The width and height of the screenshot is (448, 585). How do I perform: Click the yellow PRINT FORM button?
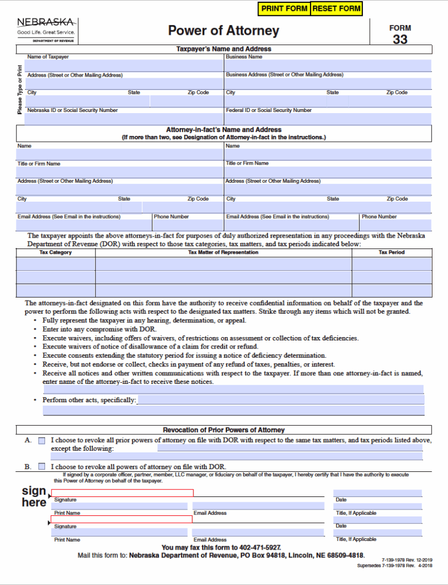point(284,9)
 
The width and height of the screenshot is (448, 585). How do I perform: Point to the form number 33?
point(400,40)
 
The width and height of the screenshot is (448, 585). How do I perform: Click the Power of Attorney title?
point(224,31)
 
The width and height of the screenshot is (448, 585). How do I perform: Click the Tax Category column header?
point(55,253)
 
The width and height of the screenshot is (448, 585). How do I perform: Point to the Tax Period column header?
point(392,253)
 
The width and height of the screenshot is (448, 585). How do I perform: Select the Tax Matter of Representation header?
point(223,253)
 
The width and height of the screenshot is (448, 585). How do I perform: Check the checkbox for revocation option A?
point(42,440)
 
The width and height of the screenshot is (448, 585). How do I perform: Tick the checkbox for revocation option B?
point(42,466)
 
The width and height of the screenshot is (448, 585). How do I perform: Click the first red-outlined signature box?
point(122,493)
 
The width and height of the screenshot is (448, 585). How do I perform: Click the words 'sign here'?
point(34,496)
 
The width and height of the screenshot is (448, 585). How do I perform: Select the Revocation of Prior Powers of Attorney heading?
point(224,430)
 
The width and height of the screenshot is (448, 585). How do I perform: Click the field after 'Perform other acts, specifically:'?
point(280,400)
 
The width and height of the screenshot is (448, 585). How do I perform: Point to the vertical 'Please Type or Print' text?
point(20,88)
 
